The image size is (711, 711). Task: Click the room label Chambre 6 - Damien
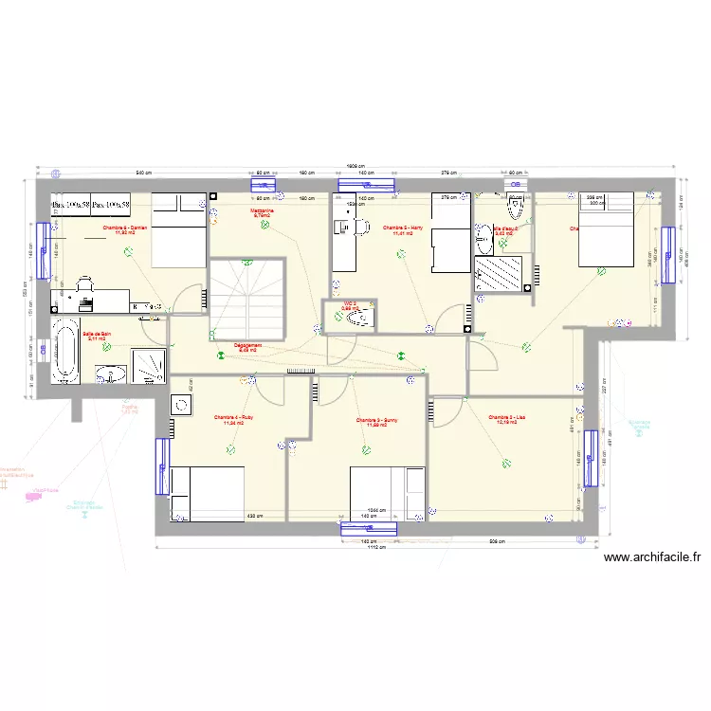coord(126,229)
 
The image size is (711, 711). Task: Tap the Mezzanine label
coord(262,213)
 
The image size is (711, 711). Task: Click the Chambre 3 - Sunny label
coord(371,422)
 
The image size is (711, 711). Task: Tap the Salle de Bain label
coord(97,336)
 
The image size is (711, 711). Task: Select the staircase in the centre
coord(246,297)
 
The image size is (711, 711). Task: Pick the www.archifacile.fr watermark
coord(652,558)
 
